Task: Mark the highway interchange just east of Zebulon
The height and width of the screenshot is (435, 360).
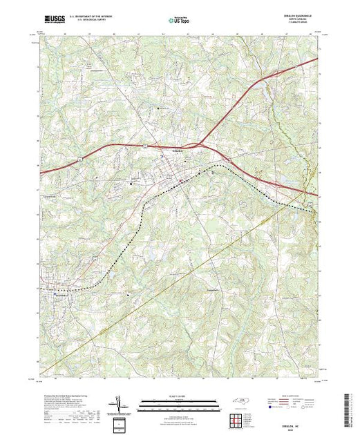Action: coord(200,146)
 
